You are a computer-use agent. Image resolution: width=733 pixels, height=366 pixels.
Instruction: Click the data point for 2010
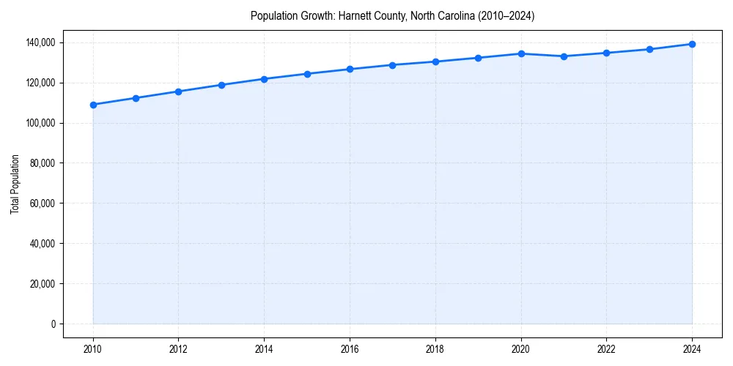pos(93,105)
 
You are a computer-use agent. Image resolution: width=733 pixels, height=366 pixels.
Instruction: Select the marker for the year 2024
pos(692,44)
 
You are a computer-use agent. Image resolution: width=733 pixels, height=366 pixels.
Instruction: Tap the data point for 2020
pos(521,53)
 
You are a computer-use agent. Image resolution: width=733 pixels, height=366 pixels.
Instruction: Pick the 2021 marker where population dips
pos(564,56)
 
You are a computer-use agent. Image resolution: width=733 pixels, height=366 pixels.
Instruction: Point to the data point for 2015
pos(307,74)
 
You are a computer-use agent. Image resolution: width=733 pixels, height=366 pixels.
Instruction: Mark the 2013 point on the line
pos(221,85)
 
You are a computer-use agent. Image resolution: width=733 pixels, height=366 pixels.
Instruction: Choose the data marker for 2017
pos(393,65)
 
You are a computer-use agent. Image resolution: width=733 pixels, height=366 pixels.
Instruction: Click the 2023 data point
pos(649,49)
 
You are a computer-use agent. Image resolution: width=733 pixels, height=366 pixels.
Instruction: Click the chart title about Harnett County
pos(392,15)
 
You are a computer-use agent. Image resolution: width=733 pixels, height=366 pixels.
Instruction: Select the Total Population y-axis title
pos(15,184)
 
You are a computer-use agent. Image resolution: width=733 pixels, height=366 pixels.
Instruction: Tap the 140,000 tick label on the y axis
pos(39,42)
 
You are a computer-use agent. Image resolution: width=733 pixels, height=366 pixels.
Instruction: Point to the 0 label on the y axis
pos(52,324)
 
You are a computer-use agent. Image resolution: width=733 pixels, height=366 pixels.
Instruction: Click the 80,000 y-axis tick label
pos(41,163)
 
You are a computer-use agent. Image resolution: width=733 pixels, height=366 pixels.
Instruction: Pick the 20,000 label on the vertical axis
pos(41,283)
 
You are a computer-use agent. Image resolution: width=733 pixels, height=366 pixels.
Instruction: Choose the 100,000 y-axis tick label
pos(39,123)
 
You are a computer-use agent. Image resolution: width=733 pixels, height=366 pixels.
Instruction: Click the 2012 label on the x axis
pos(179,349)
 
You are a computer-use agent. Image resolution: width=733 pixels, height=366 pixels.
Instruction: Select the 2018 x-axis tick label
pos(435,349)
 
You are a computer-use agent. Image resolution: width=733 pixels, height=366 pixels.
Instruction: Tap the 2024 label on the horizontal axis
pos(692,349)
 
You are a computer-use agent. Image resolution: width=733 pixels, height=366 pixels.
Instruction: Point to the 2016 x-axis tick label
pos(350,349)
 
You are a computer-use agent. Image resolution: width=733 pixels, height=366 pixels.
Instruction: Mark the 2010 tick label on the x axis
pos(93,349)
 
